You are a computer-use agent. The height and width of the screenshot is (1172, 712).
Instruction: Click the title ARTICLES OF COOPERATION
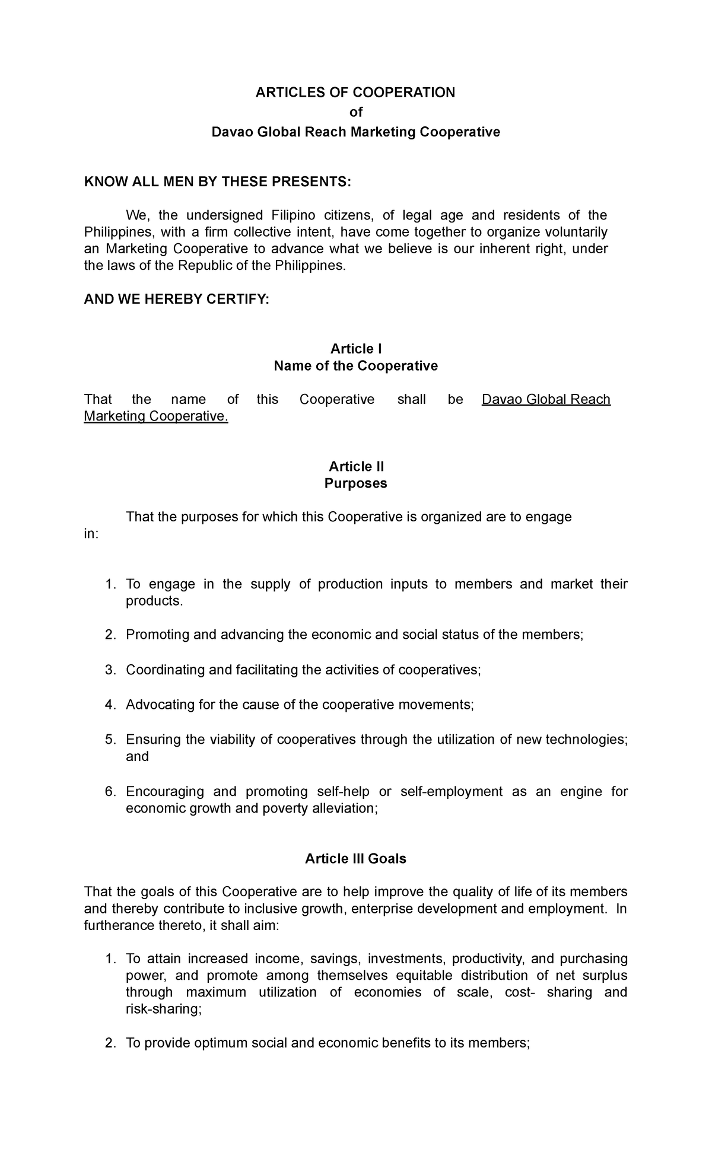coord(355,93)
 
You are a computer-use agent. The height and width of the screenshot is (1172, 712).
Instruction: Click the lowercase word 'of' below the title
coord(355,112)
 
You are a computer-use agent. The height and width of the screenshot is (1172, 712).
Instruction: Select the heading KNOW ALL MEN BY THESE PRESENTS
coord(218,181)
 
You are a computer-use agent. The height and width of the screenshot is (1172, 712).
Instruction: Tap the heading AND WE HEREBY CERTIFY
coord(176,301)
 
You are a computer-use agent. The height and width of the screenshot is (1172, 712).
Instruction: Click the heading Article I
coord(356,349)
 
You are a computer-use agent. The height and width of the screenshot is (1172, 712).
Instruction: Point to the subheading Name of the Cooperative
coord(355,366)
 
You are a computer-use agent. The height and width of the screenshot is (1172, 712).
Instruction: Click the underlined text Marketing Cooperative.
coord(155,416)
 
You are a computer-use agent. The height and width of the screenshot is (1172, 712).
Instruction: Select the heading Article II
coord(356,467)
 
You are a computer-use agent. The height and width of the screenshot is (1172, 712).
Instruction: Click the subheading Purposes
coord(355,483)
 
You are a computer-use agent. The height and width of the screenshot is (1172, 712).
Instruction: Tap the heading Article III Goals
coord(355,859)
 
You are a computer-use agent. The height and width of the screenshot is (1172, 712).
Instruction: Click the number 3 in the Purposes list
coord(109,670)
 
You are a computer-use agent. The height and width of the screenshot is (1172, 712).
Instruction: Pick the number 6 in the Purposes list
coord(109,792)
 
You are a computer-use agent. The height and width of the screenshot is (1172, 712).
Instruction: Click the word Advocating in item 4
coord(155,705)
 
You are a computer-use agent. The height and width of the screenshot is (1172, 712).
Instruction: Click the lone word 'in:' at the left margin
coord(91,534)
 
